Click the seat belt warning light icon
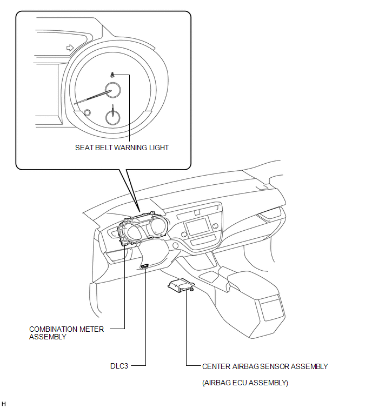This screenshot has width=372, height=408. point(112,75)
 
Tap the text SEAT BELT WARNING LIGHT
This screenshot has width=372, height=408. point(122,148)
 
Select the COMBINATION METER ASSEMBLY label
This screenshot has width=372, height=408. point(67,333)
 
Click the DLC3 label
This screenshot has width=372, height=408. point(119,366)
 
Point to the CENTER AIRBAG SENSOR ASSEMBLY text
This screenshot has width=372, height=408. point(265,366)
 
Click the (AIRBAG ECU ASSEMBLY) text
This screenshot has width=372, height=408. point(245,383)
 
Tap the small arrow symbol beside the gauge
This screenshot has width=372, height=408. point(70,48)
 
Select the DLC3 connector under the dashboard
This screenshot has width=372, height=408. point(145,266)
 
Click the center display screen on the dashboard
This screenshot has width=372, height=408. point(197,226)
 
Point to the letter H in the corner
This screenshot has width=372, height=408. point(3,404)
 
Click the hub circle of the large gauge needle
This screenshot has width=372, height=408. point(112,90)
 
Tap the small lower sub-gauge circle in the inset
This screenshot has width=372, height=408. point(113,117)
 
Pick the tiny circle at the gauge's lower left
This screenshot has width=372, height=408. point(88,112)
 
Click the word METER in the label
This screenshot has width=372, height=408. point(91,330)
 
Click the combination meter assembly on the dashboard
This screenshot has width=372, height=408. point(141,229)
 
